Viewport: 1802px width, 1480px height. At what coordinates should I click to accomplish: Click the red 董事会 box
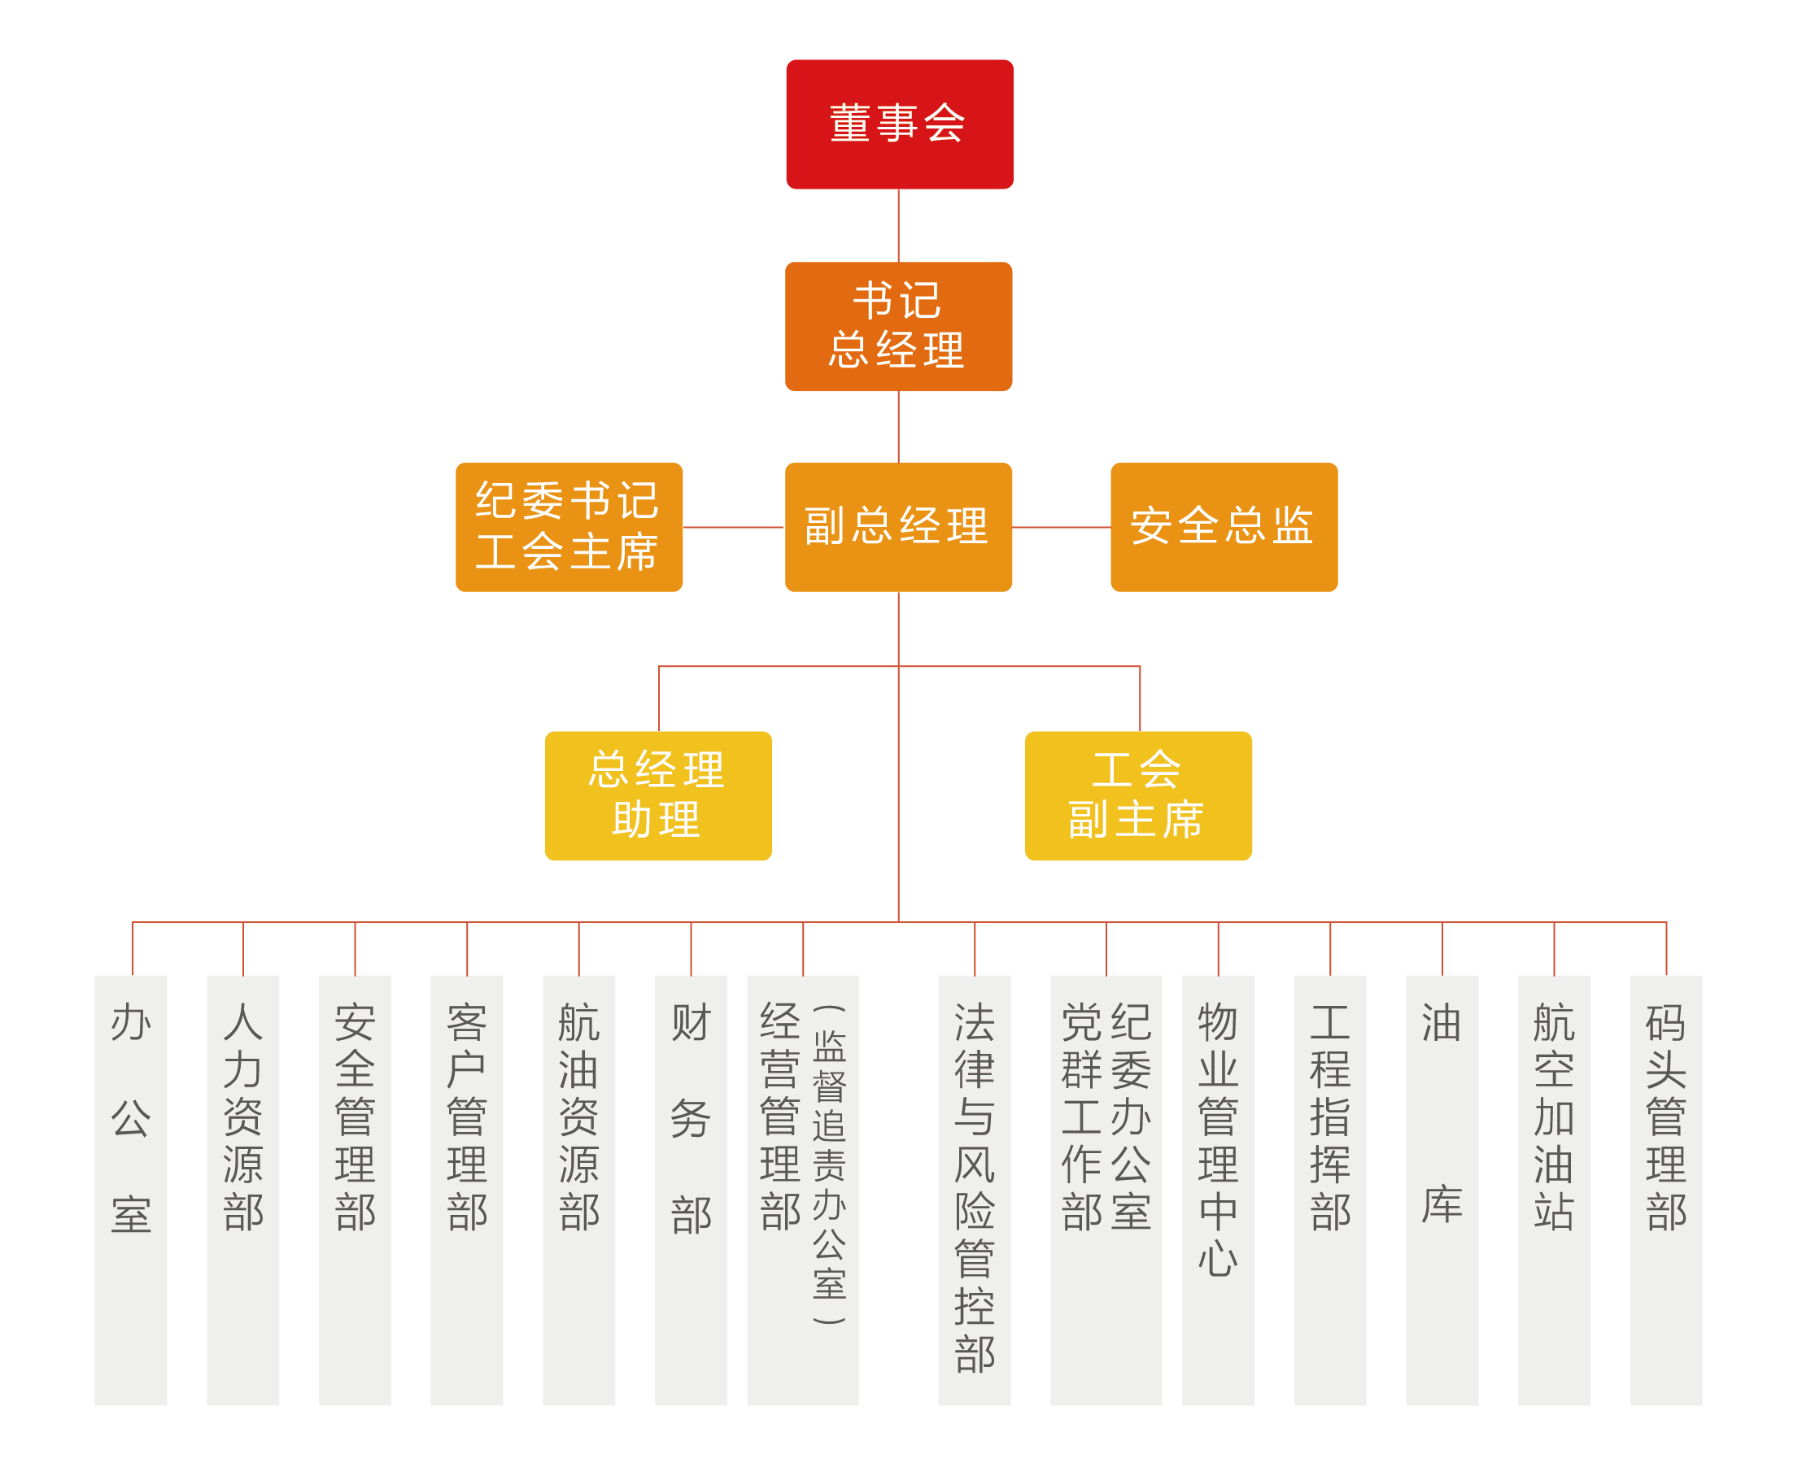coord(899,124)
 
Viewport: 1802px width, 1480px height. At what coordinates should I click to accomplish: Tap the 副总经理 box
coord(898,527)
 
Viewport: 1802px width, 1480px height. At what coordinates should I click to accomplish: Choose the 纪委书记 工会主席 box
coord(569,527)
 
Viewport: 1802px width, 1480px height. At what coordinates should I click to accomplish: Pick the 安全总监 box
coord(1223,527)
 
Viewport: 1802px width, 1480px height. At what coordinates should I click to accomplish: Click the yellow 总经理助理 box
coord(657,795)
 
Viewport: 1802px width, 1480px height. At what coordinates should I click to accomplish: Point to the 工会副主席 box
coord(1137,795)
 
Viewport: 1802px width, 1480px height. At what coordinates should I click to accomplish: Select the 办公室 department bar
coord(130,1189)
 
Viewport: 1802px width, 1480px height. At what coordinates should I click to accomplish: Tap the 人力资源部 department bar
coord(243,1189)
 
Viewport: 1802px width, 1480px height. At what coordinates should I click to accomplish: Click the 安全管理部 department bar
coord(355,1189)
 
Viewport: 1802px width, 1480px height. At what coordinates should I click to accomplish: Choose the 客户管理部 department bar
coord(466,1189)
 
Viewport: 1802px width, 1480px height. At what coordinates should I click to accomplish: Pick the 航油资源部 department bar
coord(578,1189)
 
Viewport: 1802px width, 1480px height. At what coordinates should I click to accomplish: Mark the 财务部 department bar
coord(691,1189)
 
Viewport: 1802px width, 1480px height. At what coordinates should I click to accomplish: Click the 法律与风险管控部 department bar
coord(974,1189)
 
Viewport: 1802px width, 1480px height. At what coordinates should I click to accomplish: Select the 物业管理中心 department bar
coord(1218,1189)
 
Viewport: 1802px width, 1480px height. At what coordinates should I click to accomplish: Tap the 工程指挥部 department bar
coord(1329,1189)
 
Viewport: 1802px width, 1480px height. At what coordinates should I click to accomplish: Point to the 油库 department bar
coord(1442,1189)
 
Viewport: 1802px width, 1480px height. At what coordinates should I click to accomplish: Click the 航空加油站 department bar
coord(1554,1189)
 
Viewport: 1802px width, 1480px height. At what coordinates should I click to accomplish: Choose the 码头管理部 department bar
coord(1665,1189)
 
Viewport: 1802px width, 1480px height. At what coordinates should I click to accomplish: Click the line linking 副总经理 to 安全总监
coord(1061,527)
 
